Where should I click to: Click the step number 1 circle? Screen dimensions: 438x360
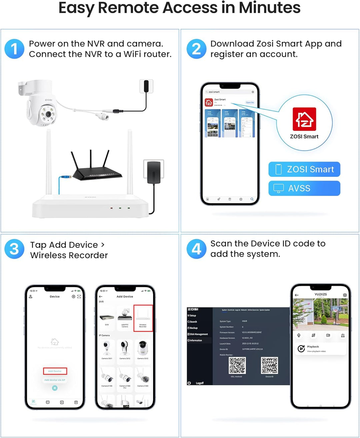pyautogui.click(x=14, y=49)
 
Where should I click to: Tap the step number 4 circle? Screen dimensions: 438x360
pyautogui.click(x=196, y=249)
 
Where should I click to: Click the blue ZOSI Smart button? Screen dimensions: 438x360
pyautogui.click(x=304, y=169)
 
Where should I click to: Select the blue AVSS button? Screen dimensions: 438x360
pyautogui.click(x=304, y=188)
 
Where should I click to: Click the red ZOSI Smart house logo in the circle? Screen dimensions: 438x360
pyautogui.click(x=304, y=119)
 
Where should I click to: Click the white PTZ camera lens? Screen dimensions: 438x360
pyautogui.click(x=48, y=114)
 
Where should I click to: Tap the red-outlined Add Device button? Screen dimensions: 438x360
pyautogui.click(x=55, y=371)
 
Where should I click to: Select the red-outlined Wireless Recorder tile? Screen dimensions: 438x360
pyautogui.click(x=143, y=318)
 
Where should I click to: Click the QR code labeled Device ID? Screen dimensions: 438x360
pyautogui.click(x=269, y=366)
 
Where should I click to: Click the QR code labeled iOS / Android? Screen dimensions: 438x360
pyautogui.click(x=237, y=366)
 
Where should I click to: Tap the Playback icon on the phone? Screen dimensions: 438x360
pyautogui.click(x=301, y=349)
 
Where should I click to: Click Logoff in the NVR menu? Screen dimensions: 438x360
pyautogui.click(x=199, y=383)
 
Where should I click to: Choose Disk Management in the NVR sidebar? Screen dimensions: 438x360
pyautogui.click(x=199, y=334)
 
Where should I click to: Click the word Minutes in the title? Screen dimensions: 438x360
pyautogui.click(x=269, y=8)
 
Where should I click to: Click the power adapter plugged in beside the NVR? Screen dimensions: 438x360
pyautogui.click(x=154, y=171)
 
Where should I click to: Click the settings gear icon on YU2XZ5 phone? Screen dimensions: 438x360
pyautogui.click(x=345, y=295)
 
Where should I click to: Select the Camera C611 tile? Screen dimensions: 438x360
pyautogui.click(x=107, y=350)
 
